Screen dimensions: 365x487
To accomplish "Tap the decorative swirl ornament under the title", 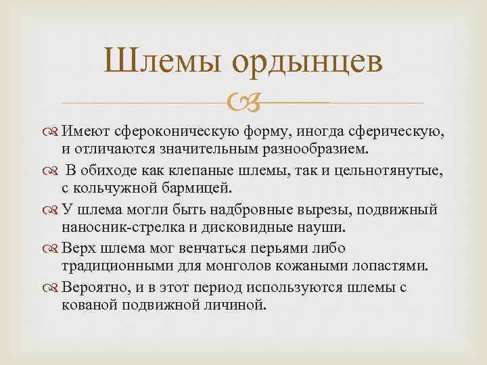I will coord(241,103).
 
